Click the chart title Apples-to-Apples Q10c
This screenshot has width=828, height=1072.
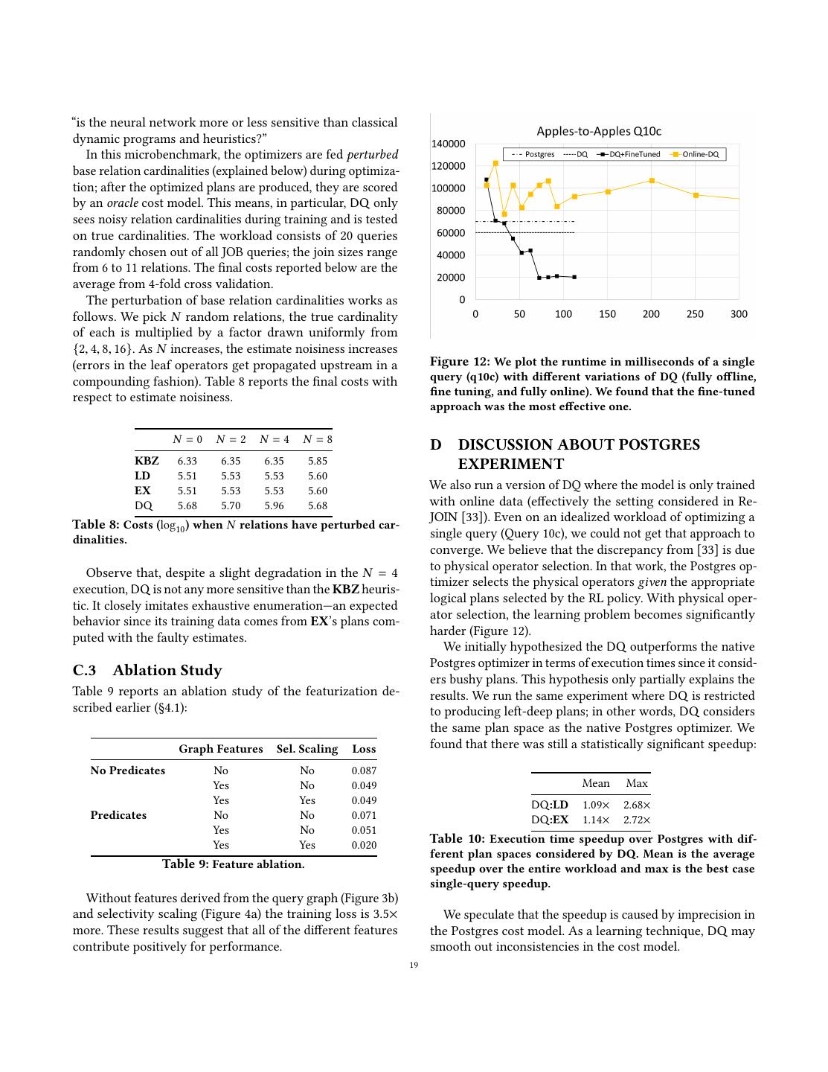point(599,132)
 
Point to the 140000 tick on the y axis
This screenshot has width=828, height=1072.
point(449,144)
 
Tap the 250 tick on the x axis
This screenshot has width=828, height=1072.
point(695,314)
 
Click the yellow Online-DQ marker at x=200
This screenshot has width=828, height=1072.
point(652,181)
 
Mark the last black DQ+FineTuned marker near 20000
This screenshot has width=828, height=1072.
point(574,277)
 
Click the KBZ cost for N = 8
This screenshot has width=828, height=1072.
point(317,461)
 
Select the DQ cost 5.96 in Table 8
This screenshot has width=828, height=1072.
point(274,505)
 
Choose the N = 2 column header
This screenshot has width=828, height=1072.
point(231,439)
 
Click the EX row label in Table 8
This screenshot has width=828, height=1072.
point(143,491)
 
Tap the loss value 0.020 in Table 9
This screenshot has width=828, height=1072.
point(364,845)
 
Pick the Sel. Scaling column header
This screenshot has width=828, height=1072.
point(307,749)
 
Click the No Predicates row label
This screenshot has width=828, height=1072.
point(128,770)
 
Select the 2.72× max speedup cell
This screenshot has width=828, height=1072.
point(637,820)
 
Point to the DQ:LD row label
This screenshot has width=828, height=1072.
point(550,805)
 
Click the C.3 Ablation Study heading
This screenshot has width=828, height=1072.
point(147,670)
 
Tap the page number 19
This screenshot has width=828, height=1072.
point(414,966)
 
